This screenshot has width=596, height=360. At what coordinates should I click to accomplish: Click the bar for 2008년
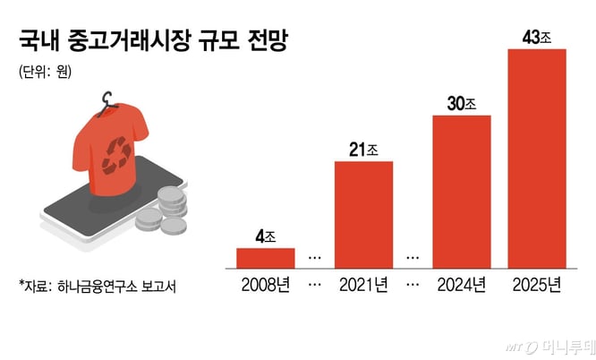coord(266,258)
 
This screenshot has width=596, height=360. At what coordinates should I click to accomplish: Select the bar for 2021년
coord(363,215)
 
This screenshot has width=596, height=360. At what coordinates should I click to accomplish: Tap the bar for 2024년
coord(461,192)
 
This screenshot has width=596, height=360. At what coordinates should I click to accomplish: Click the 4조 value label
coord(265,237)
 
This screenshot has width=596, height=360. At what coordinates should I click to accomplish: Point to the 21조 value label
coord(363,150)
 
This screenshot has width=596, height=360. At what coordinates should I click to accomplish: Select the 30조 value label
coord(461,104)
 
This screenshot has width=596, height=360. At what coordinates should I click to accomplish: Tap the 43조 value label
coord(536,38)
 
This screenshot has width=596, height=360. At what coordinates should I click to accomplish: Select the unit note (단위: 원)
coord(44,74)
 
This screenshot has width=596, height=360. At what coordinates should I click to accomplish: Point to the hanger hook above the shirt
coord(108,100)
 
